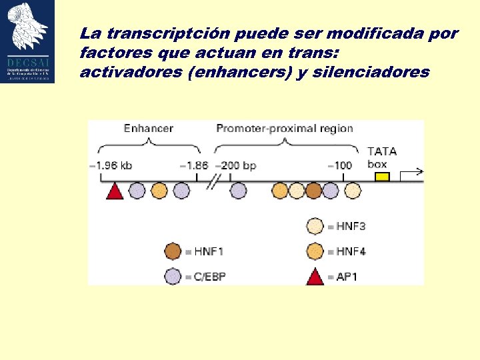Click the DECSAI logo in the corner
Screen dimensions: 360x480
pos(28,42)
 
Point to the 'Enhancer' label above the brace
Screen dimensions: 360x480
pos(148,128)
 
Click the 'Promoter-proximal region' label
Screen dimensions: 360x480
pos(285,128)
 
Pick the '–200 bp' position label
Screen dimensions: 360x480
pos(237,165)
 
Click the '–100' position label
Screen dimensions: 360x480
pos(339,165)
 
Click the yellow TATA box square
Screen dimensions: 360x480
pos(381,177)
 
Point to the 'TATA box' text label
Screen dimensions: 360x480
pos(381,157)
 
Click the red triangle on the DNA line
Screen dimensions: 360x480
pos(115,191)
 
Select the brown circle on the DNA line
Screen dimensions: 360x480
pos(313,191)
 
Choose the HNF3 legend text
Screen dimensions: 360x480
pos(350,227)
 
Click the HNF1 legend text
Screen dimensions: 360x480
pos(208,251)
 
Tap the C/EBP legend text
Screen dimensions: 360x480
pos(210,276)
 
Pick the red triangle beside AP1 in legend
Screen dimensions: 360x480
pos(315,275)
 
